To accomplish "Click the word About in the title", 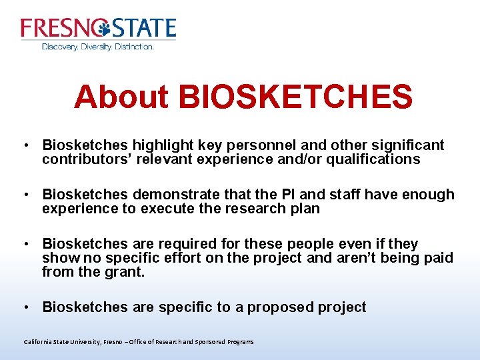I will pyautogui.click(x=121, y=97).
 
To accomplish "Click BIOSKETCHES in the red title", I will pyautogui.click(x=295, y=97).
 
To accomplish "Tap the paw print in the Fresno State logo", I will pyautogui.click(x=103, y=28).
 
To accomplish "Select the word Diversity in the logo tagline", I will pyautogui.click(x=96, y=47).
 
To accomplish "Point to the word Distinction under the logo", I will pyautogui.click(x=135, y=47).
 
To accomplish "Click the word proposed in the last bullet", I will pyautogui.click(x=270, y=307).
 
